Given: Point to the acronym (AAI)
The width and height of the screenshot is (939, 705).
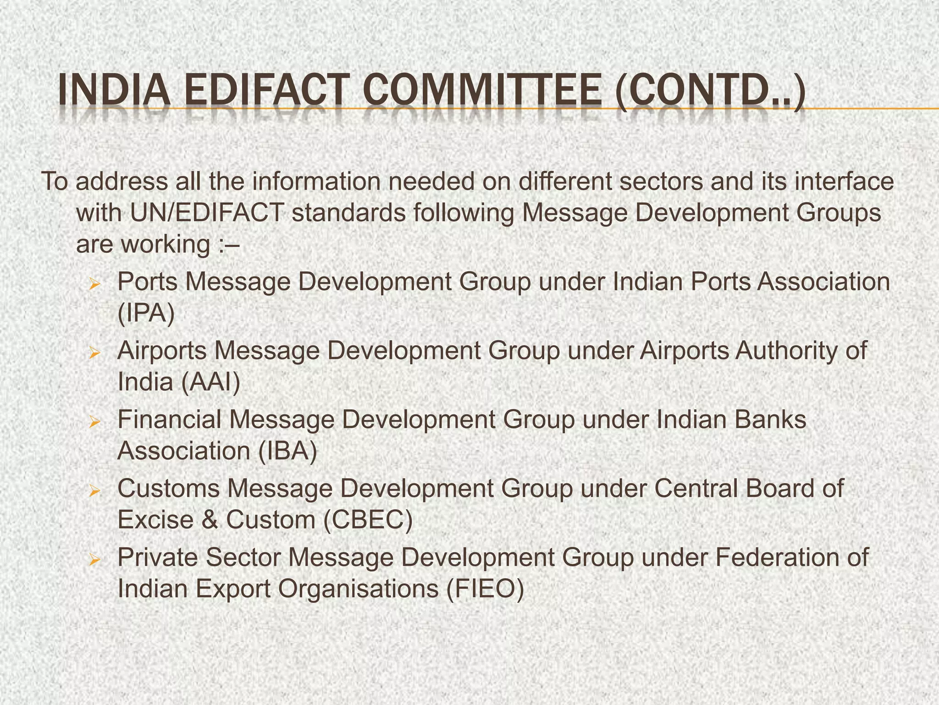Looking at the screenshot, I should (210, 382).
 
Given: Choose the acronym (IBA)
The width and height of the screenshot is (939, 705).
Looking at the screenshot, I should (287, 451).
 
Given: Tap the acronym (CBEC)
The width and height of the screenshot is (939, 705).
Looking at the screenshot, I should (368, 520).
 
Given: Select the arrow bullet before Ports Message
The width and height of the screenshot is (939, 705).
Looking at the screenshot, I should (94, 285).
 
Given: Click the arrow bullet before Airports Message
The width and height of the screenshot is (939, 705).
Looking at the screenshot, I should (94, 353).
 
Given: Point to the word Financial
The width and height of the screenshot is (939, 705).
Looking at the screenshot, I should (170, 419).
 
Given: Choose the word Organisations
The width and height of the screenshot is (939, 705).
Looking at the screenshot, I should (358, 589).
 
